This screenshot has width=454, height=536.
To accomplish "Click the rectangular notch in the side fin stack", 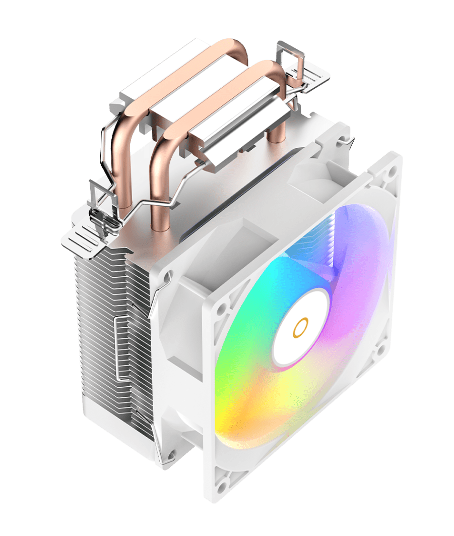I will coord(121,348).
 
